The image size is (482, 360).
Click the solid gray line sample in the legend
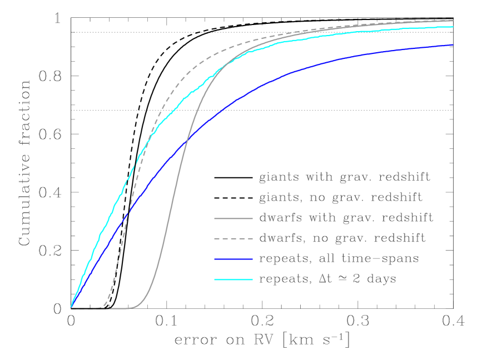[233, 219]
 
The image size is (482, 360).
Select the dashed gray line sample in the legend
[233, 238]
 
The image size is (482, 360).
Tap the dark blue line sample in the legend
[233, 259]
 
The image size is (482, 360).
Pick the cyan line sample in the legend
[233, 279]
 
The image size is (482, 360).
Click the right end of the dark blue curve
[453, 45]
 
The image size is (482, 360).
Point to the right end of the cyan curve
[453, 27]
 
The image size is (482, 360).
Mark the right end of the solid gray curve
[453, 21]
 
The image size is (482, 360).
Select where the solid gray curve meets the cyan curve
[218, 71]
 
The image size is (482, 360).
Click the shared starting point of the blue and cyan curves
[71, 306]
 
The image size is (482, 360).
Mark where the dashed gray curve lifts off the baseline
[102, 306]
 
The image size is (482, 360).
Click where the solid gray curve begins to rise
[133, 307]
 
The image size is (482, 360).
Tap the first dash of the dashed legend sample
[217, 238]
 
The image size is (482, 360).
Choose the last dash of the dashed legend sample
[250, 238]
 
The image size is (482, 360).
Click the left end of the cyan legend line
[215, 279]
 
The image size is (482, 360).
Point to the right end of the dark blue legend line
[252, 259]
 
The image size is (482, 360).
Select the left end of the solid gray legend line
[215, 219]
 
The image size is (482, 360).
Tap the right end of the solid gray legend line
[252, 219]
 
